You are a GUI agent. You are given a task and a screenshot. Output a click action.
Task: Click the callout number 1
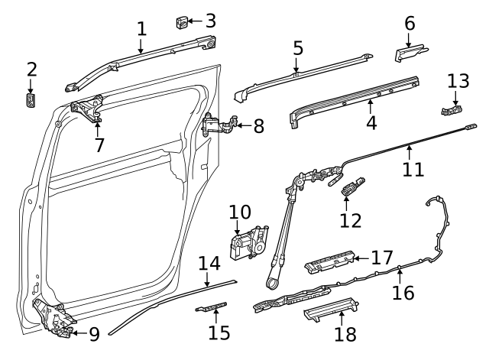[x=141, y=29]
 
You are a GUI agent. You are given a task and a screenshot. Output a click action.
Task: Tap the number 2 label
[x=31, y=70]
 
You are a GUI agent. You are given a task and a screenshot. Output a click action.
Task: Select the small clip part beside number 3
[x=183, y=21]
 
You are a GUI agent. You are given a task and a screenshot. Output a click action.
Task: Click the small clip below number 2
[x=31, y=101]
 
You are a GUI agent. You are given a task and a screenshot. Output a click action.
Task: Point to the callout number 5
[x=298, y=48]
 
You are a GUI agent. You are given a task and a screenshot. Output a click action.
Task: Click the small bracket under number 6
[x=409, y=54]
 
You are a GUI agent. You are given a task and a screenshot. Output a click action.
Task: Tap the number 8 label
[x=258, y=126]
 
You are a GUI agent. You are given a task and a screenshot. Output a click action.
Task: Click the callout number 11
[x=413, y=168]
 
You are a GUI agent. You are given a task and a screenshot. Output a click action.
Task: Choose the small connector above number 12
[x=353, y=186]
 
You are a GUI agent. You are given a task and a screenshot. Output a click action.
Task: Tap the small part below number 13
[x=452, y=109]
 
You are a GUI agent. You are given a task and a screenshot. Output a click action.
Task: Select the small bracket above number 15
[x=212, y=307]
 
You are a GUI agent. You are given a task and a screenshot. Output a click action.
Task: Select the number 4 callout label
[x=371, y=122]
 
